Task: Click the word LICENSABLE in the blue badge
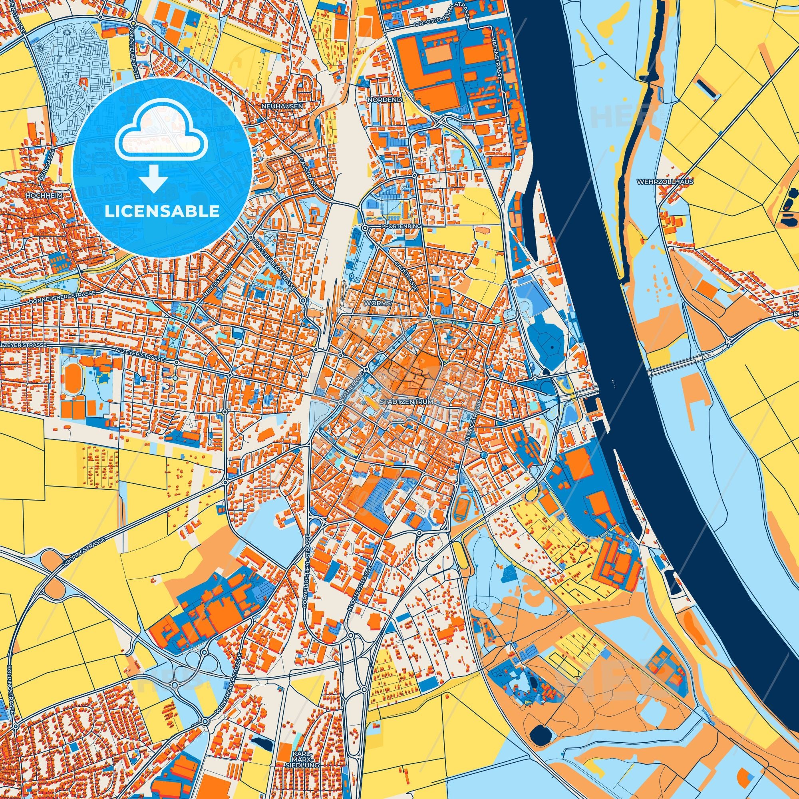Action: [x=162, y=211]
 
